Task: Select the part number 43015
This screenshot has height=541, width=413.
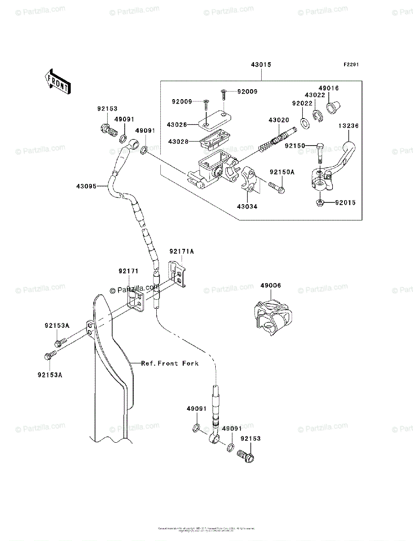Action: (x=261, y=65)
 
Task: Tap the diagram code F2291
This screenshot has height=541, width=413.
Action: (x=352, y=65)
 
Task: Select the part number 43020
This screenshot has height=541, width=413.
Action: (x=278, y=120)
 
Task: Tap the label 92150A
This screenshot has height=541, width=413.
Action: (x=282, y=172)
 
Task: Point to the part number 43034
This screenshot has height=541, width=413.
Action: (x=248, y=207)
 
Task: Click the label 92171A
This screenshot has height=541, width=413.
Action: (x=182, y=251)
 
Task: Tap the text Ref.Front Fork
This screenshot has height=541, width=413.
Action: (x=169, y=363)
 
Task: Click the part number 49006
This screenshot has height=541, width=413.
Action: (x=270, y=285)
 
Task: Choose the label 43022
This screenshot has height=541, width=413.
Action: (x=315, y=95)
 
